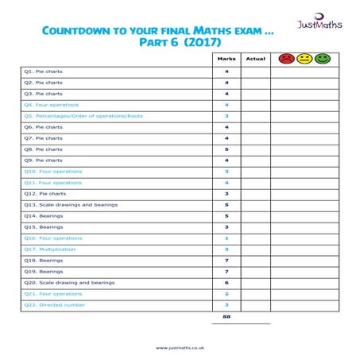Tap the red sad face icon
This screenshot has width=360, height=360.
point(285,59)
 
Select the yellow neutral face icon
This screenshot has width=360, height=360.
point(304,59)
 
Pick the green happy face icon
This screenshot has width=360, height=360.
point(322,59)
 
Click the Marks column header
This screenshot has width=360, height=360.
point(226,59)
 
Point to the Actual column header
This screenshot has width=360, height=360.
point(255,59)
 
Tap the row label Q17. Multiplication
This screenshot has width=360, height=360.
point(50,249)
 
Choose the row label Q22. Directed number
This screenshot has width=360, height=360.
point(54,304)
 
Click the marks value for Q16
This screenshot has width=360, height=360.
point(226,238)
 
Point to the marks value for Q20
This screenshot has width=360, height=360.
point(226,282)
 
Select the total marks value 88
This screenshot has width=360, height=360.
point(226,317)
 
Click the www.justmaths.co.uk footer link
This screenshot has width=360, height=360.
point(180,346)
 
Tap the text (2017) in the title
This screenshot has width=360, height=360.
point(200,41)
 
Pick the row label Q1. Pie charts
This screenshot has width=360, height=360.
point(44,71)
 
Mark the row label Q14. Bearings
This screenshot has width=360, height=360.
point(43,215)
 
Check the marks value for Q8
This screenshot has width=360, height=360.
point(226,149)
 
